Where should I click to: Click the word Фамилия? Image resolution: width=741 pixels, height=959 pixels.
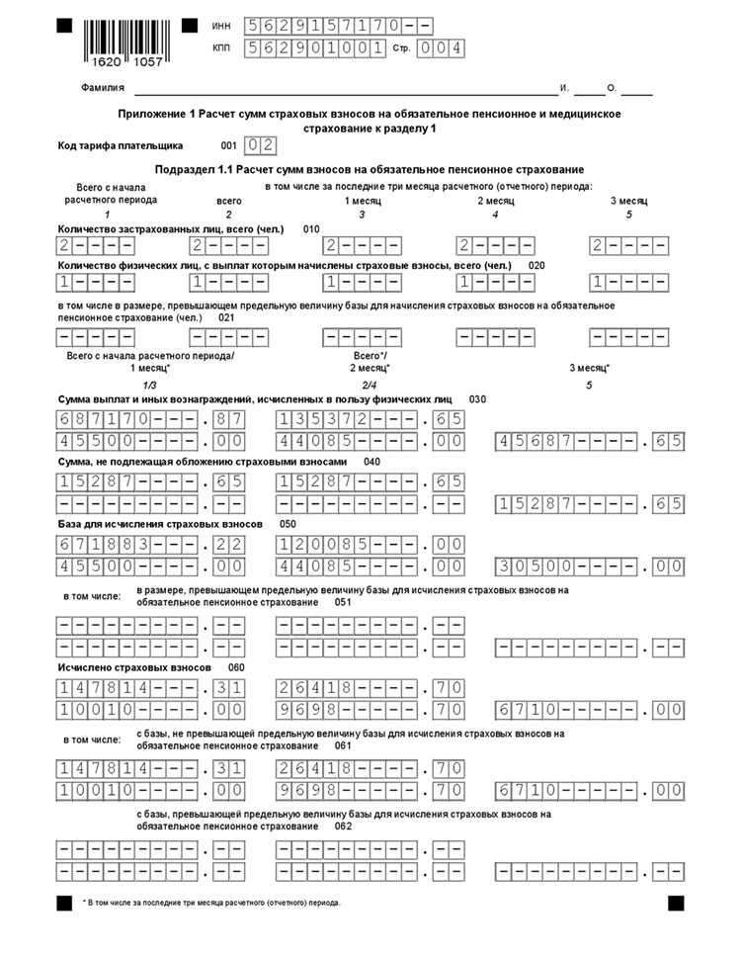tap(103, 88)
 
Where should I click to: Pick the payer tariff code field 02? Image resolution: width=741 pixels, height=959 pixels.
tap(259, 145)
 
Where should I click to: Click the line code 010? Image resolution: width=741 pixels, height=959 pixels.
tap(311, 228)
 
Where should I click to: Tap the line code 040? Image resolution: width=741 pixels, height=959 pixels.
tap(372, 462)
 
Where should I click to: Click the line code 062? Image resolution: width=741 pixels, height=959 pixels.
tap(343, 826)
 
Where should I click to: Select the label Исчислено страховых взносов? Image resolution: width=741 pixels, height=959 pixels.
tap(134, 668)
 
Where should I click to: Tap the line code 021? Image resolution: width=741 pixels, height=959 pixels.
tap(227, 317)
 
